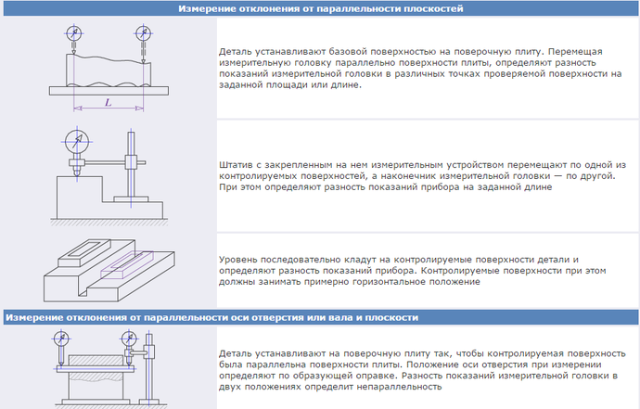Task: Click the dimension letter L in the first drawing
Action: (109, 102)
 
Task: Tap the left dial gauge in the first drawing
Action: (74, 33)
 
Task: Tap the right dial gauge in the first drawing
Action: (143, 33)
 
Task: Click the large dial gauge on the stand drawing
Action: (77, 142)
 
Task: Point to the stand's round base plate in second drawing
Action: (131, 198)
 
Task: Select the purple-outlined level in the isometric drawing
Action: (127, 265)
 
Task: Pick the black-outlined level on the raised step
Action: (84, 253)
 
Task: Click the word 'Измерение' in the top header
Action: (201, 8)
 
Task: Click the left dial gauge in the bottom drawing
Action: (61, 339)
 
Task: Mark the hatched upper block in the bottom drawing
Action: (96, 361)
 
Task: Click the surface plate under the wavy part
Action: (109, 91)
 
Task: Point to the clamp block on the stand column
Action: (131, 162)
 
